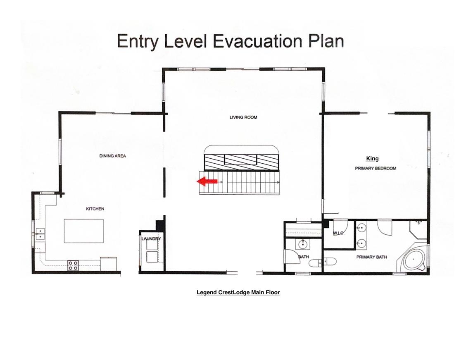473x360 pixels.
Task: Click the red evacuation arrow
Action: coord(207,181)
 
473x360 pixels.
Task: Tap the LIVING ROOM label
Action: coord(243,117)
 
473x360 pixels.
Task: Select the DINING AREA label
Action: coord(112,156)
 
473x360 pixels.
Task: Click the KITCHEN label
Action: coord(95,208)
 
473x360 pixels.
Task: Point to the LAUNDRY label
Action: coord(151,239)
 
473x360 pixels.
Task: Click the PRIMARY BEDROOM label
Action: coord(376,168)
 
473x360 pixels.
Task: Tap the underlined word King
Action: coord(372,158)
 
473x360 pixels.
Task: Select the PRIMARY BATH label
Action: coord(372,257)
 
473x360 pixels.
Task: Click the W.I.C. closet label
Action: coord(338,233)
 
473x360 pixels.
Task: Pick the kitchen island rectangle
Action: coord(83,231)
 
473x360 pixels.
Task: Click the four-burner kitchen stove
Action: coord(73,265)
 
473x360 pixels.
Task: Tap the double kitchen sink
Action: coord(40,234)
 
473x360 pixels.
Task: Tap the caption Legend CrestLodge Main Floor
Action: coord(238,292)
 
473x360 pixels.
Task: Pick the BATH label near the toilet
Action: coord(304,257)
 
